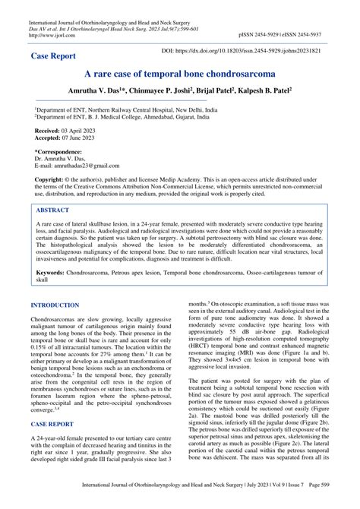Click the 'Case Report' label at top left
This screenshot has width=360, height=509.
point(54,56)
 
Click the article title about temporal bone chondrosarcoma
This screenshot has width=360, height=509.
point(180,77)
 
